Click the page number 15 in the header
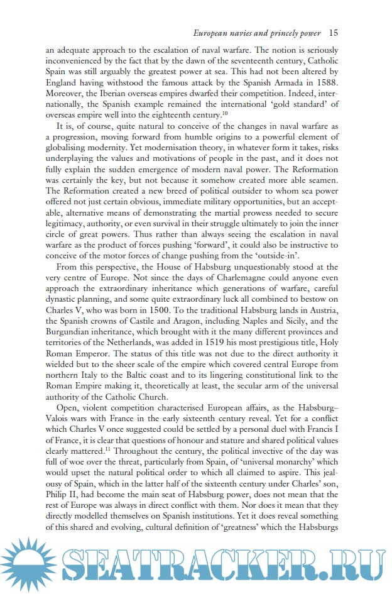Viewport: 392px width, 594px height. (x=334, y=33)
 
